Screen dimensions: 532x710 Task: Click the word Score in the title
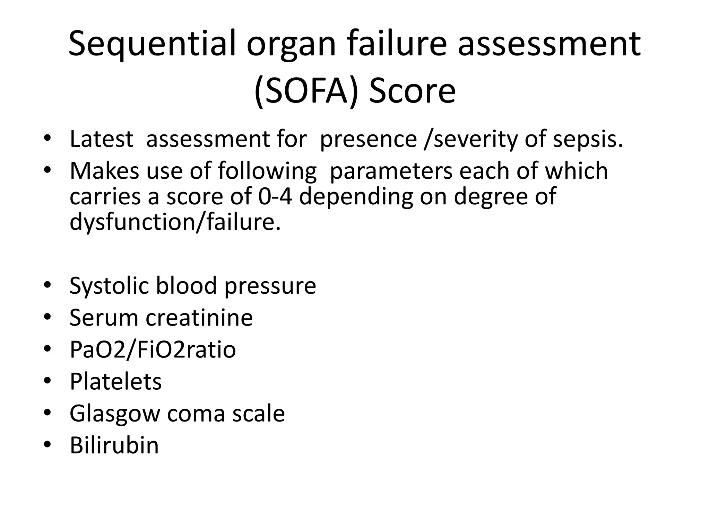coord(412,91)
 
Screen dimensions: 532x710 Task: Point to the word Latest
coord(101,139)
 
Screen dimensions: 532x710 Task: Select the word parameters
coord(391,172)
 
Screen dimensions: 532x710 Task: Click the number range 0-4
coord(275,196)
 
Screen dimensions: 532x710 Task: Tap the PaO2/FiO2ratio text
coord(153,350)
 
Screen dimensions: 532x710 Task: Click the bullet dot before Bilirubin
coord(47,445)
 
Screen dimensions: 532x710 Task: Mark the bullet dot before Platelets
coord(47,381)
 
